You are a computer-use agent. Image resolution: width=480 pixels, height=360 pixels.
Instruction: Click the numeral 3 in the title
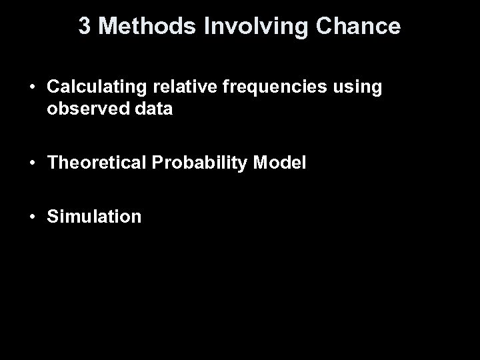click(85, 26)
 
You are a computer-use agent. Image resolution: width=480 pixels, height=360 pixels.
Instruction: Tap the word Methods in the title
click(137, 26)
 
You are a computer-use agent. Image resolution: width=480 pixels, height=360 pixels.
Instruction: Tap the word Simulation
click(94, 217)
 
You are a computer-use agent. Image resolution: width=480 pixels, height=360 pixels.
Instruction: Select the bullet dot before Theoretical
click(32, 163)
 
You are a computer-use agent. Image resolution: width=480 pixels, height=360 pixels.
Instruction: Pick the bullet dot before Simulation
click(32, 217)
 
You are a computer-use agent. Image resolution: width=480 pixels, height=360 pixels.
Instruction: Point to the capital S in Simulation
click(53, 217)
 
